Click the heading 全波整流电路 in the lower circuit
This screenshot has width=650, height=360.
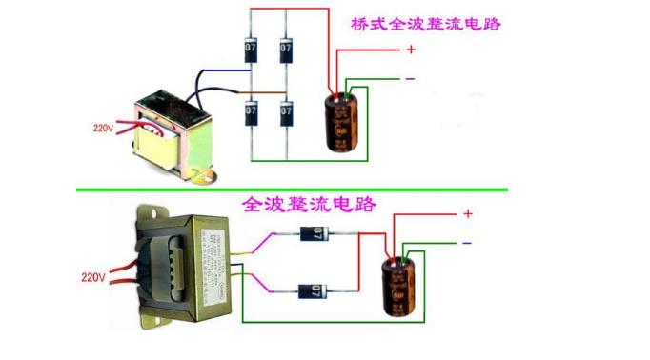pos(310,204)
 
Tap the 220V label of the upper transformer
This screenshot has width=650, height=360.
pos(104,126)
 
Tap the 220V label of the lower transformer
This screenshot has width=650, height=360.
pos(92,278)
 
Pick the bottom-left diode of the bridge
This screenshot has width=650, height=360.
pos(252,112)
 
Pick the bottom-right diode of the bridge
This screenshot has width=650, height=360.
pos(285,112)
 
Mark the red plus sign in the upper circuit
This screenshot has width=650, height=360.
pos(411,50)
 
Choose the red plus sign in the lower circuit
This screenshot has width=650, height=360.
pos(467,214)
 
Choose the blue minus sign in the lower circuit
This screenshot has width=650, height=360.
pos(467,244)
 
